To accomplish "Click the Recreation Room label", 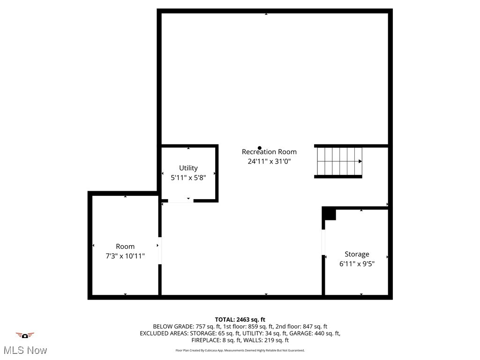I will pyautogui.click(x=269, y=152).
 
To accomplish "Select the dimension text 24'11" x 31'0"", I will pyautogui.click(x=269, y=161).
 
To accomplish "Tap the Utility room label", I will pyautogui.click(x=188, y=168).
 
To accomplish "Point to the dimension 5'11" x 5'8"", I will pyautogui.click(x=188, y=178).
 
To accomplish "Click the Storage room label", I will pyautogui.click(x=357, y=254).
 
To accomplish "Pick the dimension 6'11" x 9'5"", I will pyautogui.click(x=357, y=264).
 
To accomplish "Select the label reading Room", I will pyautogui.click(x=125, y=247).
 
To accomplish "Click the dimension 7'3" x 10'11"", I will pyautogui.click(x=125, y=256).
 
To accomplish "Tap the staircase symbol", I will pyautogui.click(x=338, y=162).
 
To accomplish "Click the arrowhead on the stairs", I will pyautogui.click(x=360, y=161).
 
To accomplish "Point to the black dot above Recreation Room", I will pyautogui.click(x=260, y=148).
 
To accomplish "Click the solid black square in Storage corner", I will pyautogui.click(x=330, y=214).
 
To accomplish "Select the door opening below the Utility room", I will pyautogui.click(x=180, y=201).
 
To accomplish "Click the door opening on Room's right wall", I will pyautogui.click(x=160, y=251).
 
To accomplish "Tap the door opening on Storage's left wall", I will pyautogui.click(x=323, y=242).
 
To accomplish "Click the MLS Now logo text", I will pyautogui.click(x=25, y=350).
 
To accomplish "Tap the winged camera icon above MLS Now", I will pyautogui.click(x=25, y=335).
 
